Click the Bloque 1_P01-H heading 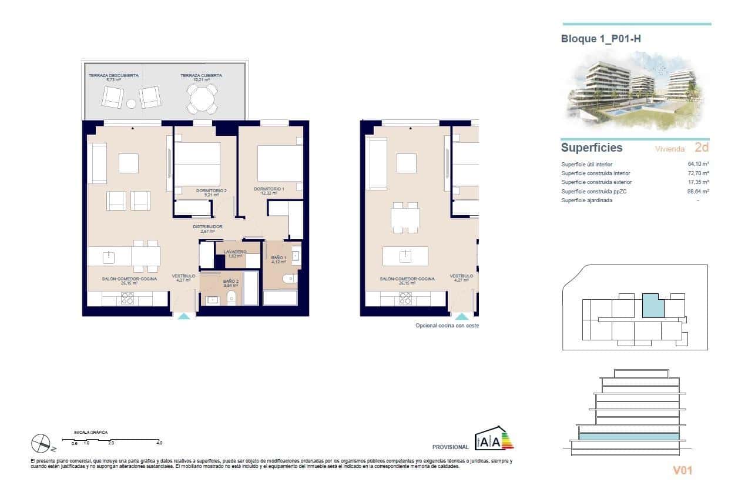coord(605,39)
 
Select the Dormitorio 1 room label coord(269,191)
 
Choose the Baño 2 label coord(230,283)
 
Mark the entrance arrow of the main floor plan coord(184,316)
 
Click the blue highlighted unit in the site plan coord(653,306)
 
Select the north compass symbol coord(41,442)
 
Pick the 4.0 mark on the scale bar coord(159,443)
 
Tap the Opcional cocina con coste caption coord(447,325)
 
